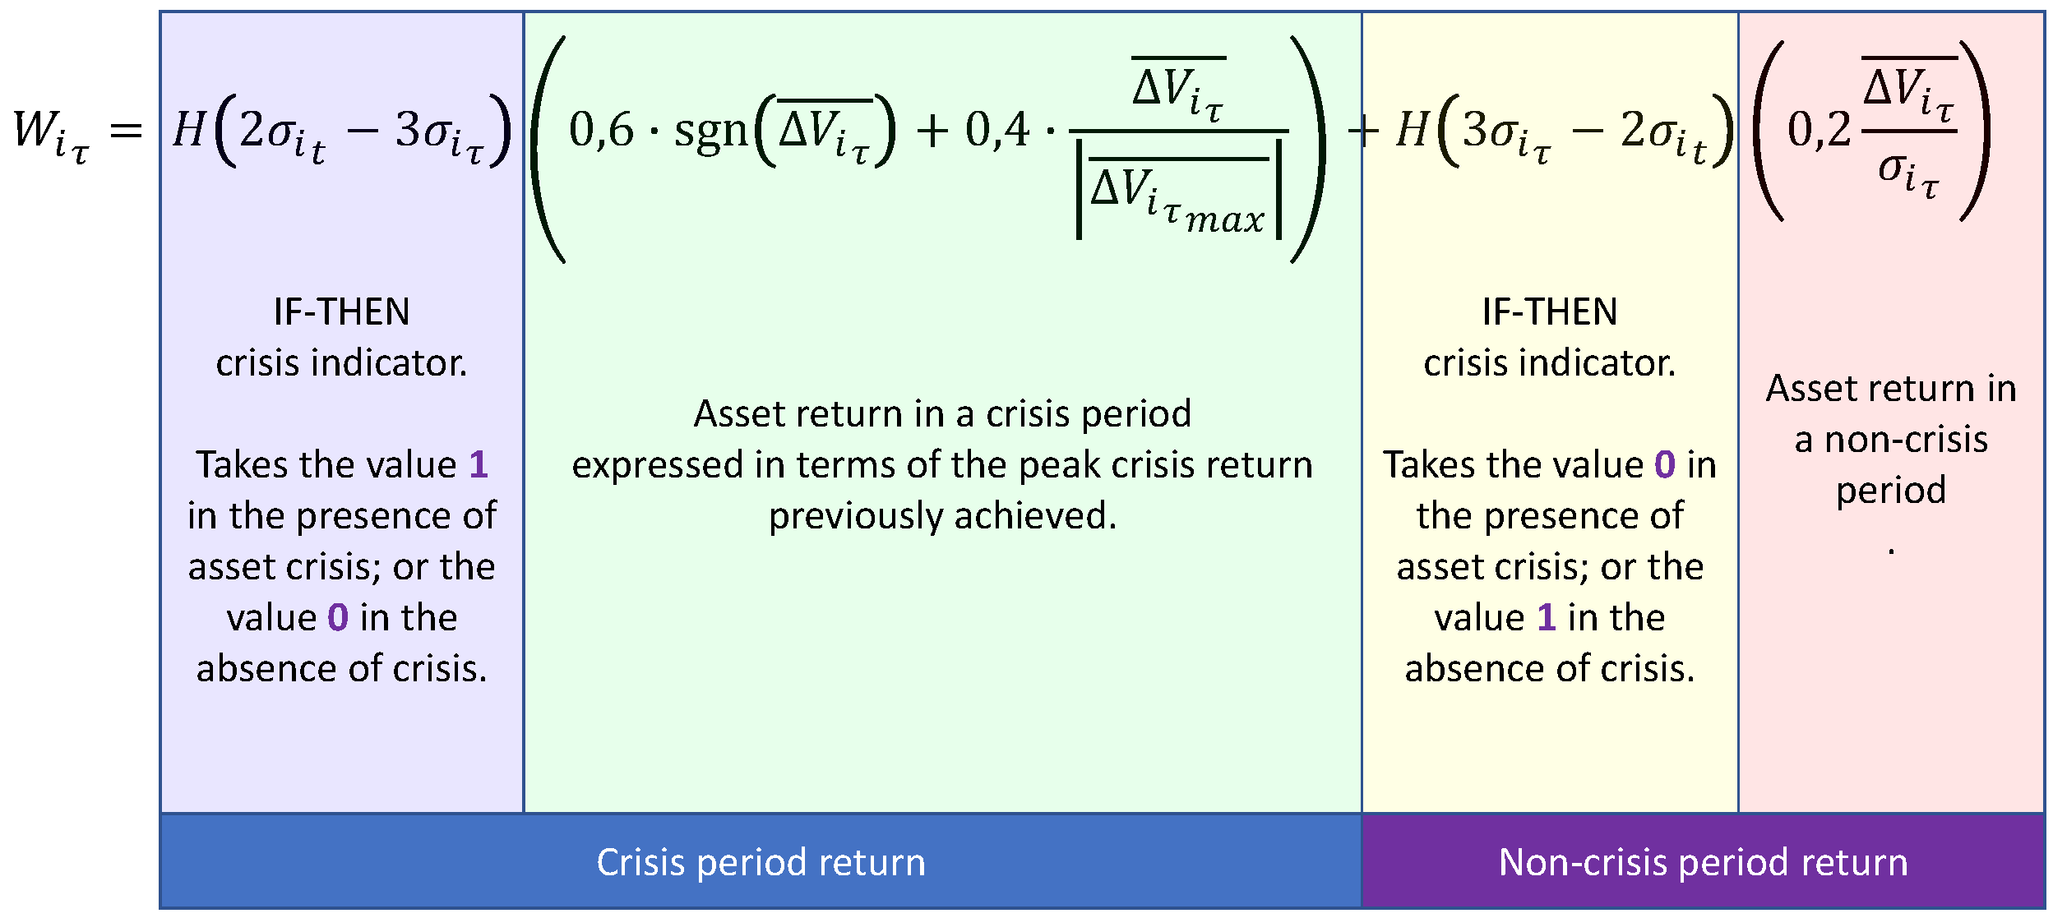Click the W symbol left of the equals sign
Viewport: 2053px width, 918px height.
coord(35,130)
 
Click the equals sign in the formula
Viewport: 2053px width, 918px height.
coord(126,131)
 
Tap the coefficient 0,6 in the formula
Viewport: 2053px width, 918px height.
coord(601,131)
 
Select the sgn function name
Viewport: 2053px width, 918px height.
coord(710,133)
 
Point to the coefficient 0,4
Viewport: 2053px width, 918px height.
coord(996,131)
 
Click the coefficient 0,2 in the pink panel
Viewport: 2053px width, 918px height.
coord(1819,131)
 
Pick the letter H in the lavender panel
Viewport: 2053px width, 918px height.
coord(189,130)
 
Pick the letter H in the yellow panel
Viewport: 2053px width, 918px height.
coord(1413,130)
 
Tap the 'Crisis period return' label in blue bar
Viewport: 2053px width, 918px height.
coord(761,863)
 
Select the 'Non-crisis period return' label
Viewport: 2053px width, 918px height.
coord(1703,863)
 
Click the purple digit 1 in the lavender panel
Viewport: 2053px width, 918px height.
coord(479,465)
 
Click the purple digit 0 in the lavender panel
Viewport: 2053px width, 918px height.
coord(338,618)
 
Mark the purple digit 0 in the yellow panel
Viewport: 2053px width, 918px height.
coord(1665,465)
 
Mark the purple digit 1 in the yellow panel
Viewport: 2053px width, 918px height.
coord(1547,618)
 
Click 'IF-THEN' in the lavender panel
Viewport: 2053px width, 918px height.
coord(341,312)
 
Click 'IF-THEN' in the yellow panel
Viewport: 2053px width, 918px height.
coord(1550,312)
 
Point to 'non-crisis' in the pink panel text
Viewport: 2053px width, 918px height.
coord(1906,440)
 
